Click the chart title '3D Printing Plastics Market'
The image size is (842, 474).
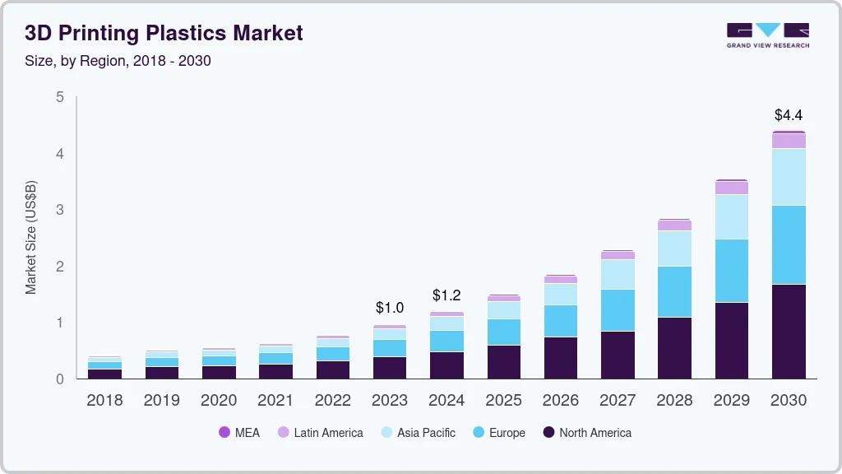pyautogui.click(x=164, y=33)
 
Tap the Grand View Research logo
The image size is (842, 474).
pyautogui.click(x=767, y=35)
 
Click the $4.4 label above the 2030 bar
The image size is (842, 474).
pyautogui.click(x=789, y=115)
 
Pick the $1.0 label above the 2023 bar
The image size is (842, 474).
pyautogui.click(x=390, y=308)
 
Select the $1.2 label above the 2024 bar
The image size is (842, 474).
pyautogui.click(x=446, y=295)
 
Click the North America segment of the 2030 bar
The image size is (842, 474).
pyautogui.click(x=789, y=331)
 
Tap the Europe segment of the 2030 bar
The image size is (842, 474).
pyautogui.click(x=789, y=244)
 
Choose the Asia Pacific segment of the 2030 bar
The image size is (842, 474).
pyautogui.click(x=789, y=177)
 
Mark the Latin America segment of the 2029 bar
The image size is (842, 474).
pyautogui.click(x=732, y=188)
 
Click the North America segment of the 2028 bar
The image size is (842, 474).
pyautogui.click(x=674, y=347)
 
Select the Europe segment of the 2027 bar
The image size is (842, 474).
pyautogui.click(x=618, y=310)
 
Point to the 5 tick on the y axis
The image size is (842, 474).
pyautogui.click(x=59, y=97)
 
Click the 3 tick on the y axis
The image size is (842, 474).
pyautogui.click(x=59, y=210)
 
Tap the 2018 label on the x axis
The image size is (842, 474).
pyautogui.click(x=104, y=401)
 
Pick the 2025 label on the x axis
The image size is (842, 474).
pyautogui.click(x=503, y=401)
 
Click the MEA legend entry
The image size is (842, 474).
pyautogui.click(x=239, y=433)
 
